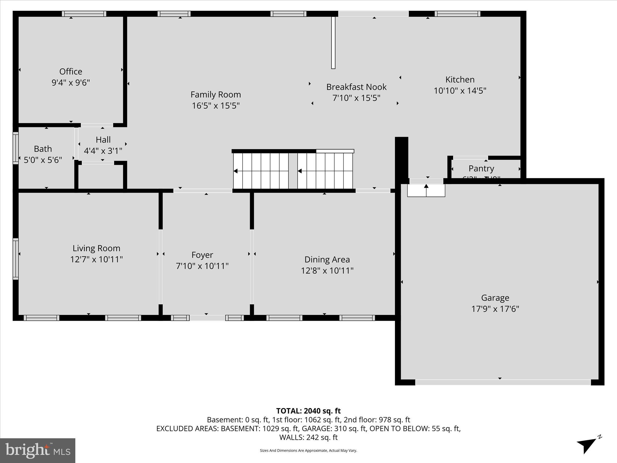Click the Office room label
coord(70,72)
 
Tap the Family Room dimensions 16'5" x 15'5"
coord(216,106)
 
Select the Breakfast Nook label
coord(356,87)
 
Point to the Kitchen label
coord(460,80)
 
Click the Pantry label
coord(481,169)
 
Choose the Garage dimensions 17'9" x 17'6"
coord(495,309)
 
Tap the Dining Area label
coord(327,260)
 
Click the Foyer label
coord(202,255)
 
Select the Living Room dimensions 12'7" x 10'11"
coord(96,260)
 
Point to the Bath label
coord(43,149)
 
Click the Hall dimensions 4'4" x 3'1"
coord(103,151)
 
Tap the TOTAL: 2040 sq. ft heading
coord(308,411)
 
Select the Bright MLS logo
coord(38,451)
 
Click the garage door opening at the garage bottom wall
coord(503,382)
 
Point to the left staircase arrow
coord(236,171)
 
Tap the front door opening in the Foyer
coord(207,318)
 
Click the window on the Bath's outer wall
coord(16,148)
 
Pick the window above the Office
coord(84,14)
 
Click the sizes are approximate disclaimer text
coord(308,451)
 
